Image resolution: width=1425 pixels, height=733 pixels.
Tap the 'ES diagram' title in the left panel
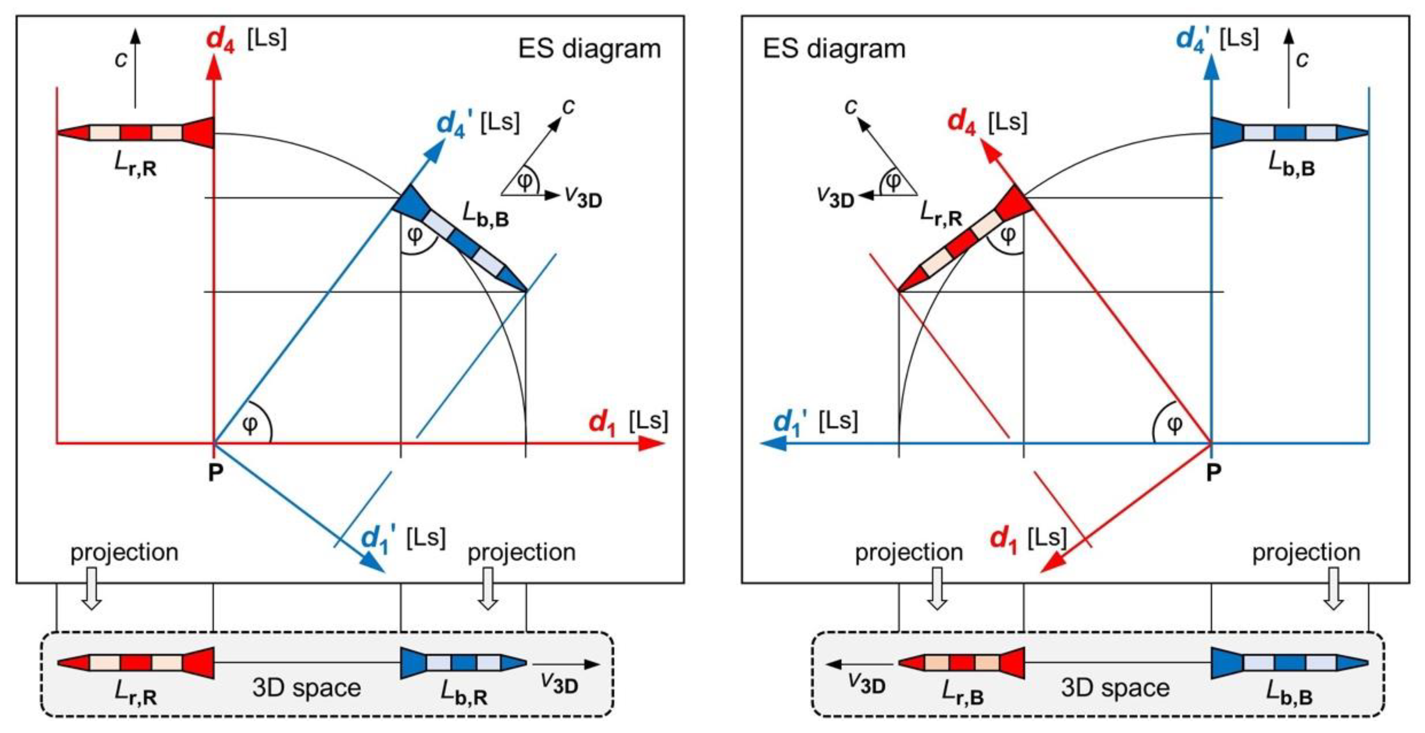589,49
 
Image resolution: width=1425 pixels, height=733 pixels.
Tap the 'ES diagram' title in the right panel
834,49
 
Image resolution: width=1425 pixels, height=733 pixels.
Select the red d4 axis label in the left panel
220,40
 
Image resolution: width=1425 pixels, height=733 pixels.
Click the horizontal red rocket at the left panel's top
135,133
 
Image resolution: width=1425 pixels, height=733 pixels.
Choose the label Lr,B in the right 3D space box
963,693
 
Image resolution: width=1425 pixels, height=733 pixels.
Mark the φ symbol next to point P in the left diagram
250,425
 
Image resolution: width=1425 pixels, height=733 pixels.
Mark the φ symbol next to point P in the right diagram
1174,425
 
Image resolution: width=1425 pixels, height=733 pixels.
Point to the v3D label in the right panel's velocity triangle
835,197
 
